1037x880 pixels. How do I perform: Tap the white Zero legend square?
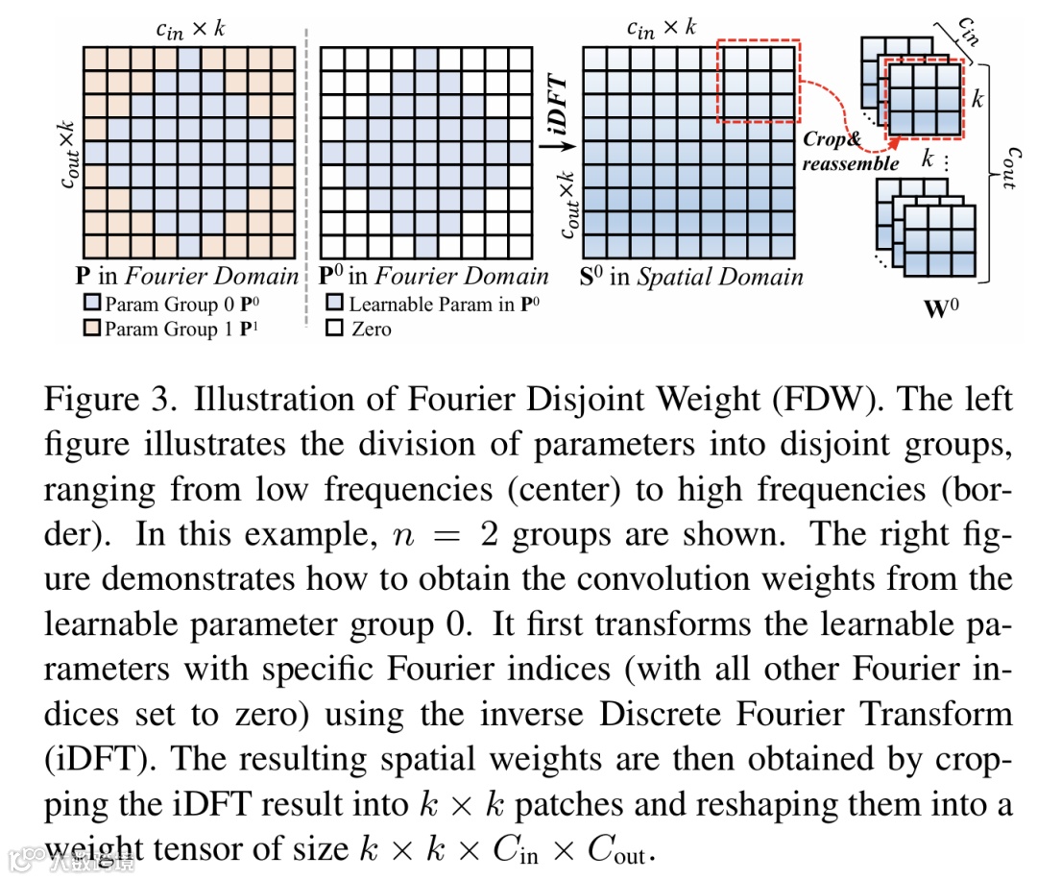click(335, 329)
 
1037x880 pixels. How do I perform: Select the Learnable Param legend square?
click(335, 306)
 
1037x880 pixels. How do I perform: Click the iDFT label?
click(557, 108)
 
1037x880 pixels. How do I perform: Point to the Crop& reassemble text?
click(851, 151)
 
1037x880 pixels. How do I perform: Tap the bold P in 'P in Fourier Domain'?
click(84, 277)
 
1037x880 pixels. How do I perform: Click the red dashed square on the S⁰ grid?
click(758, 82)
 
